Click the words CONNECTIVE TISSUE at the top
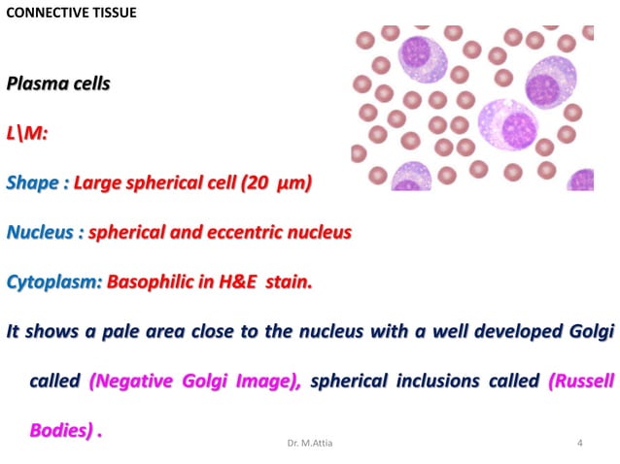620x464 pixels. click(71, 13)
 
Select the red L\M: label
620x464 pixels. click(26, 132)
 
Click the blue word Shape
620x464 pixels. click(33, 182)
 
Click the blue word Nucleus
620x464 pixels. click(43, 233)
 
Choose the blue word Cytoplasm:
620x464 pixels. click(53, 283)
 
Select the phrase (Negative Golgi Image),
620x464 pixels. click(195, 381)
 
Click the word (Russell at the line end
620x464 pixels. click(581, 381)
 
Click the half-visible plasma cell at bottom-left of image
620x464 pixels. click(412, 177)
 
